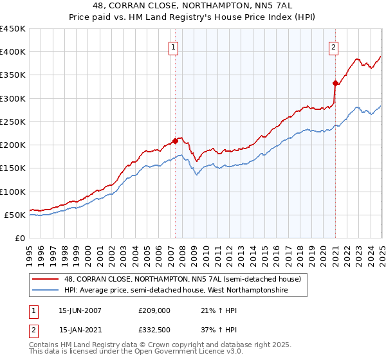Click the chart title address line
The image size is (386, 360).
(193, 6)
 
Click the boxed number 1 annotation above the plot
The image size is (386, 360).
(174, 47)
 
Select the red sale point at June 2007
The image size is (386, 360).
(176, 141)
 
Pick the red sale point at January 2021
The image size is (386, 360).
(335, 83)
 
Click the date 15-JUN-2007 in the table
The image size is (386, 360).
(80, 310)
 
